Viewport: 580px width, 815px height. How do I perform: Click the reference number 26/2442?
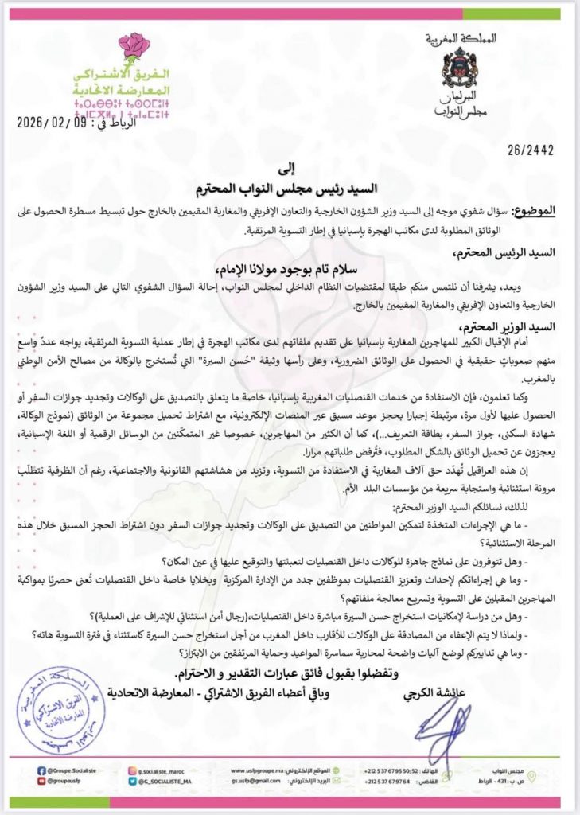click(531, 149)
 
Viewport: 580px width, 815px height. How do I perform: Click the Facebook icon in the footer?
click(41, 770)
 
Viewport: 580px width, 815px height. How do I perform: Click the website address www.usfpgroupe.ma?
click(260, 770)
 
